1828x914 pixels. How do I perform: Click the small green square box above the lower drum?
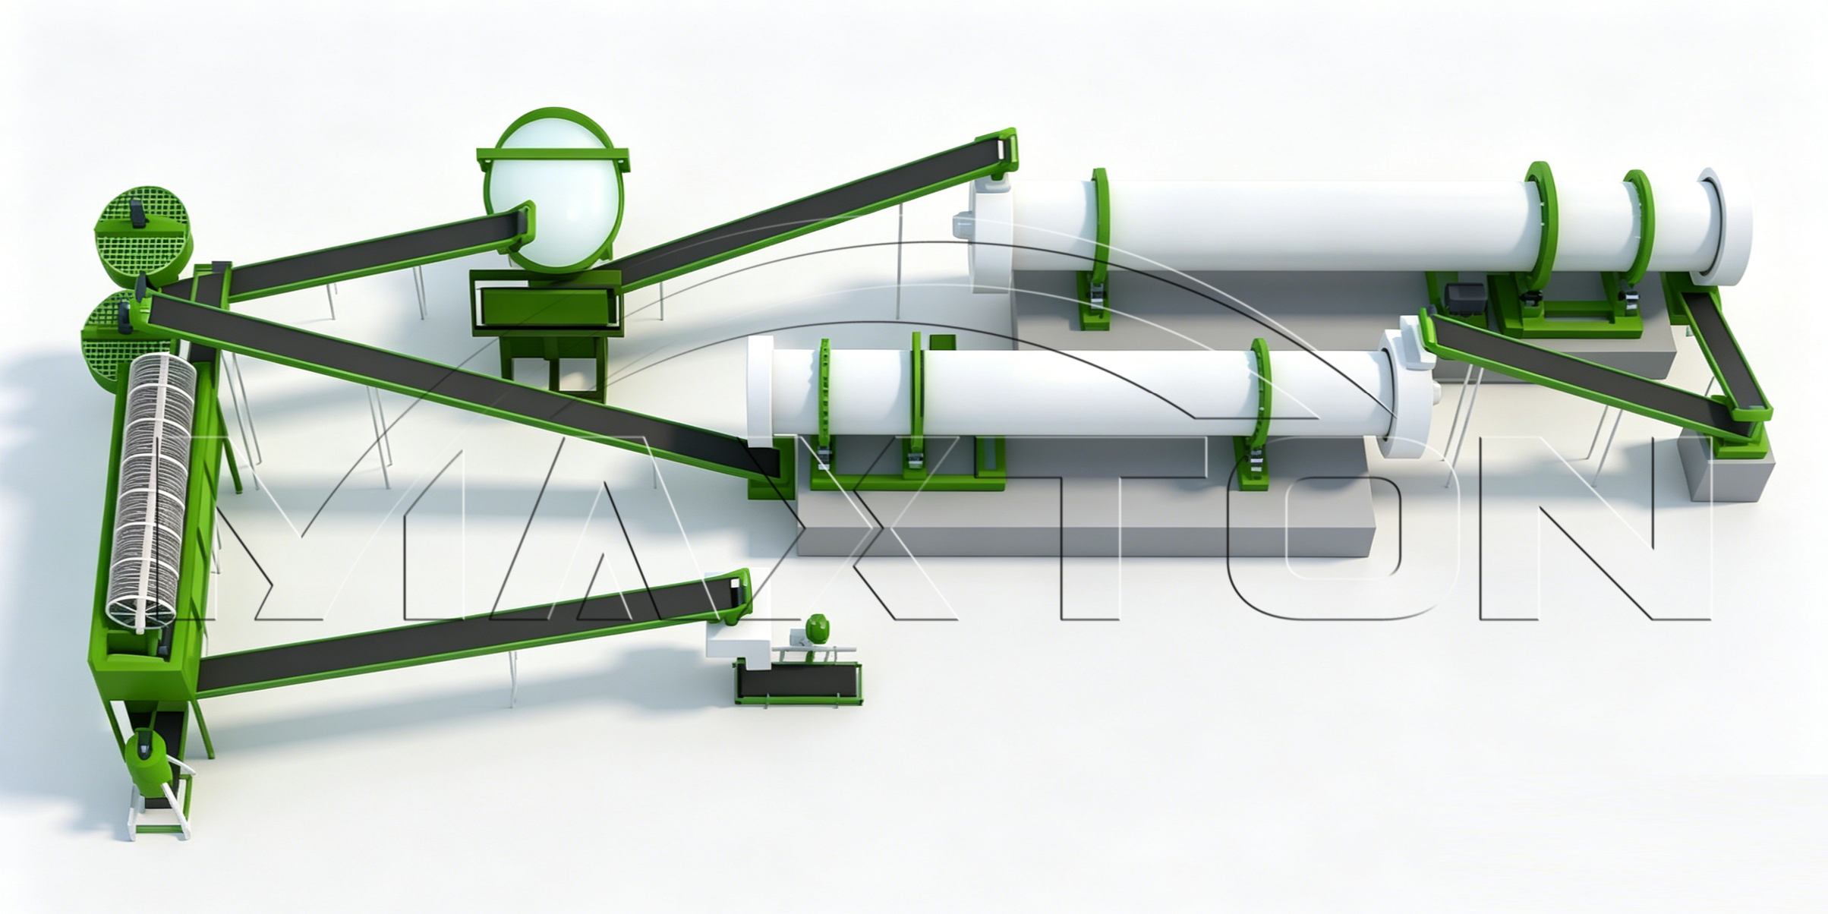point(942,345)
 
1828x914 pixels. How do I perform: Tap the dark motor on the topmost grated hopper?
point(137,212)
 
